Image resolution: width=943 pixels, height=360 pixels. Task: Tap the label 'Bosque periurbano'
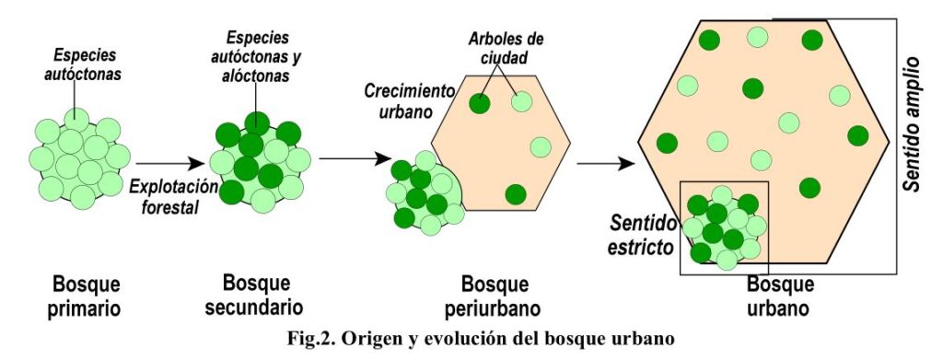[x=493, y=296]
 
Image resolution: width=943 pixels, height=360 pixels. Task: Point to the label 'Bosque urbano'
[x=780, y=296]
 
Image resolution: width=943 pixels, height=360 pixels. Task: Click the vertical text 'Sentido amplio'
[x=912, y=124]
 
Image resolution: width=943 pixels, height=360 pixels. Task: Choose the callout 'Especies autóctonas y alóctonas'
[x=258, y=57]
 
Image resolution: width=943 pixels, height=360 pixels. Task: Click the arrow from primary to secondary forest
[x=170, y=163]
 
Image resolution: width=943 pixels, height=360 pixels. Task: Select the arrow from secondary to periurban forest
[x=355, y=158]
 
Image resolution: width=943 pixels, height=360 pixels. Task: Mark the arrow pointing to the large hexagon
[x=606, y=163]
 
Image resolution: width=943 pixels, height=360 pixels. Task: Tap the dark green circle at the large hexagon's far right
[x=858, y=135]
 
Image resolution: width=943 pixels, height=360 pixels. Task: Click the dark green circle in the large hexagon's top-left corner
[x=710, y=40]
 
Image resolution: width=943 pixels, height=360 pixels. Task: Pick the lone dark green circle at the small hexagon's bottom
[x=516, y=194]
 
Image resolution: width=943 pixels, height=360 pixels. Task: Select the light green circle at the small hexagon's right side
[x=541, y=147]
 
